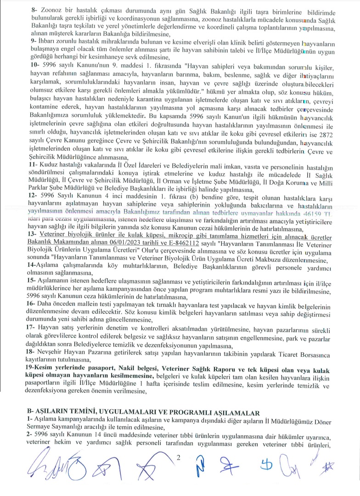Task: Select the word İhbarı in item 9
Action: tap(46, 41)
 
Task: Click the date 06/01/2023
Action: tap(145, 240)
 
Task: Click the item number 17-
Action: tap(33, 327)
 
